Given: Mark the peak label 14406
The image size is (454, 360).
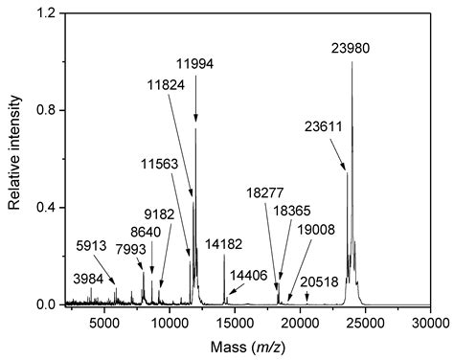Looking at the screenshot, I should [248, 274].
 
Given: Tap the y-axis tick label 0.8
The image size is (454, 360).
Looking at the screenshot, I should [51, 111].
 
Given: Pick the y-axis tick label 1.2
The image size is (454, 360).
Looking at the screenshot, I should [51, 13].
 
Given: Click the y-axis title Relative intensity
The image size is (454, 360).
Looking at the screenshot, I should [14, 158].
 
